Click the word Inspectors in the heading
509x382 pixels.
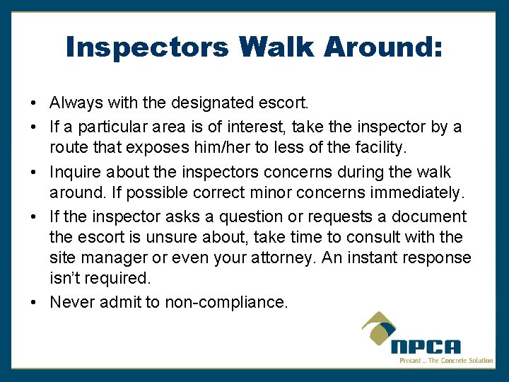click(147, 47)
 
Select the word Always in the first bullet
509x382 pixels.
click(76, 103)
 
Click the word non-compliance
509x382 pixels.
click(226, 302)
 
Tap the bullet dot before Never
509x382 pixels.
click(35, 302)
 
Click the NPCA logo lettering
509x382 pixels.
click(426, 347)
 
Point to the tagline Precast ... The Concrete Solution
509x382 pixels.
click(446, 361)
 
